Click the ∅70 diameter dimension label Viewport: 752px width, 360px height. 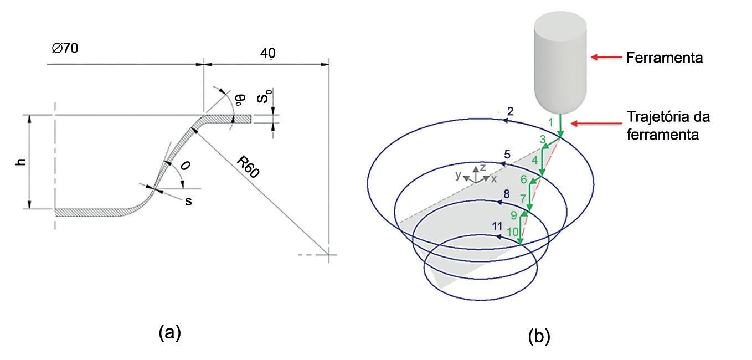pyautogui.click(x=65, y=49)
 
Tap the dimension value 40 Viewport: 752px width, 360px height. pyautogui.click(x=267, y=53)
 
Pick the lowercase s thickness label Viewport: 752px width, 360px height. pyautogui.click(x=189, y=202)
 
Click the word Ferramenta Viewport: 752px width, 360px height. pyautogui.click(x=664, y=58)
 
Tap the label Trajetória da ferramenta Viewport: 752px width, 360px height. pyautogui.click(x=668, y=125)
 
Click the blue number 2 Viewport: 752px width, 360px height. pyautogui.click(x=510, y=112)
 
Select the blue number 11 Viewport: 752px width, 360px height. pyautogui.click(x=497, y=227)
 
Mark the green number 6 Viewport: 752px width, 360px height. pyautogui.click(x=523, y=179)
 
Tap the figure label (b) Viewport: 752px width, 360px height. pyautogui.click(x=539, y=336)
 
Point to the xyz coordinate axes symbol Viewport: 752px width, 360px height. pyautogui.click(x=476, y=174)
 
